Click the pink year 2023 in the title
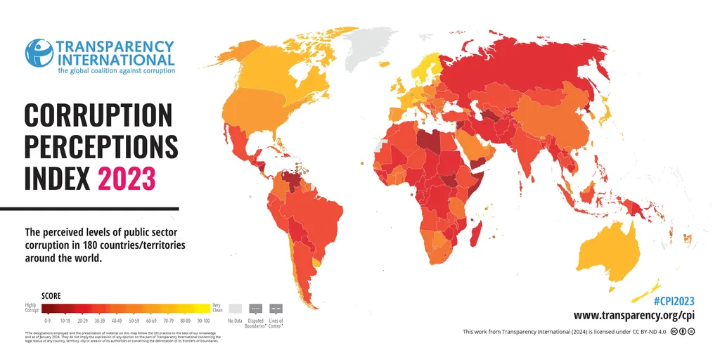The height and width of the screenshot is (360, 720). [127, 179]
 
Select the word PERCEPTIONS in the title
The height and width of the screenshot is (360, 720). [101, 147]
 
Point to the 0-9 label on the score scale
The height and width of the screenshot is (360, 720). [47, 320]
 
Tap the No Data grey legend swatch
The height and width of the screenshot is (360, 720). [236, 308]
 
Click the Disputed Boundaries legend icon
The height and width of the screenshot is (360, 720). [256, 308]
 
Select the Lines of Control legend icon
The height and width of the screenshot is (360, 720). [276, 308]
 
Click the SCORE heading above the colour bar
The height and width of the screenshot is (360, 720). [51, 296]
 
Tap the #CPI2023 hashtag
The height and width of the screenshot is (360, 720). [674, 300]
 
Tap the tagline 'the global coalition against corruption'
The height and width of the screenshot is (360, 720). [116, 70]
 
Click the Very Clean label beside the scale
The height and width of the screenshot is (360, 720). [218, 307]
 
